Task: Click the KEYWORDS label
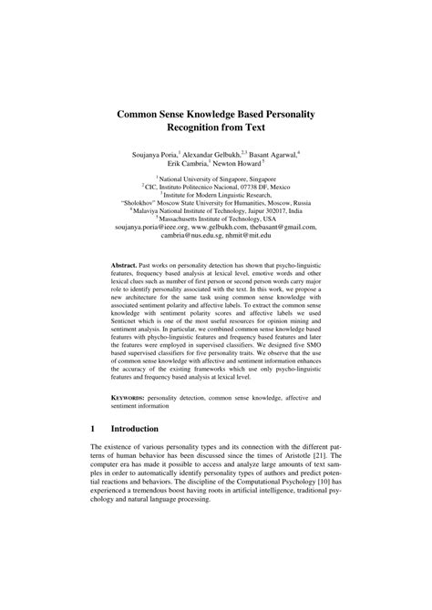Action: pos(129,399)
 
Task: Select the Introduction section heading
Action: pos(134,428)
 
